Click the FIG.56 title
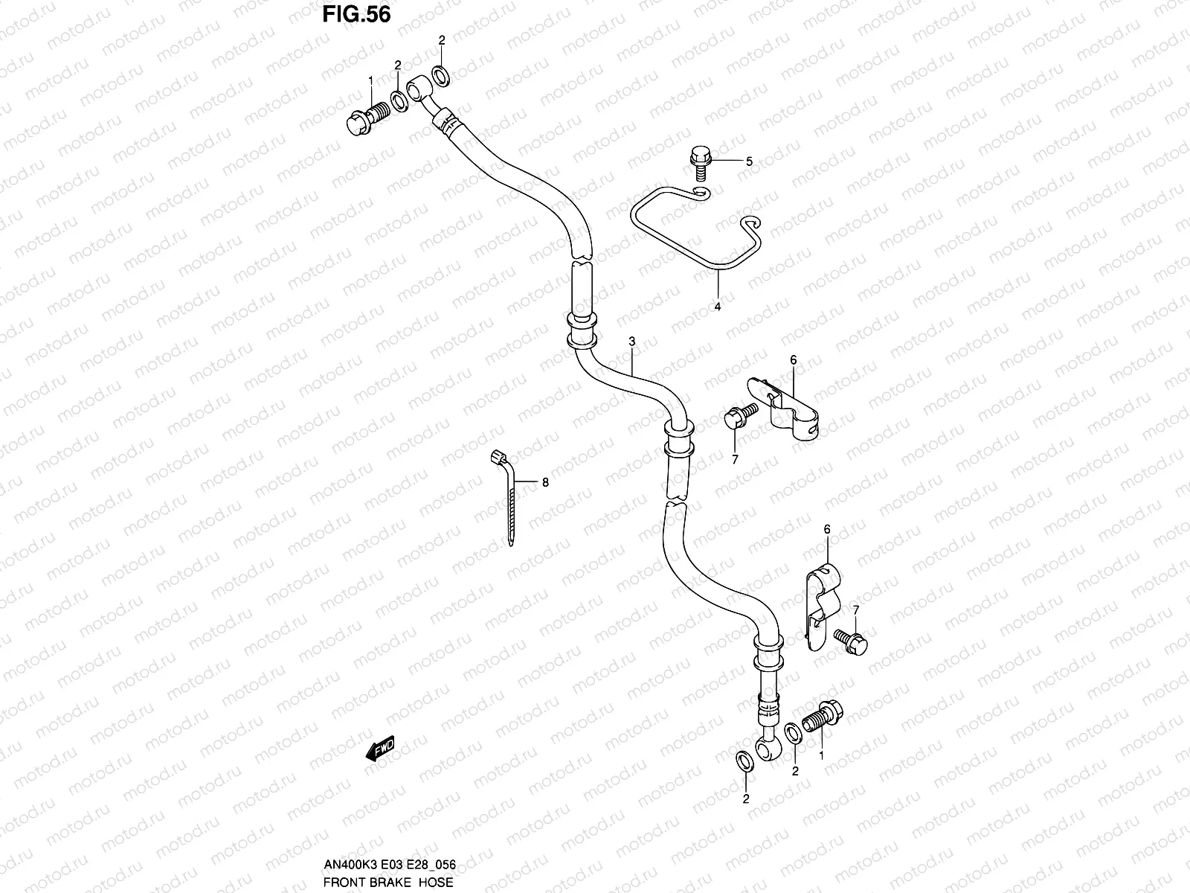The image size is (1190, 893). [x=356, y=15]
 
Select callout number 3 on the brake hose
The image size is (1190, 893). [x=631, y=342]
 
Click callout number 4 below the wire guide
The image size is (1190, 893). [x=718, y=306]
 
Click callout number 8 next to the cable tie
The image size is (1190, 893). [x=545, y=482]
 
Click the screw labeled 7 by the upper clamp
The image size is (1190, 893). [x=738, y=417]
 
